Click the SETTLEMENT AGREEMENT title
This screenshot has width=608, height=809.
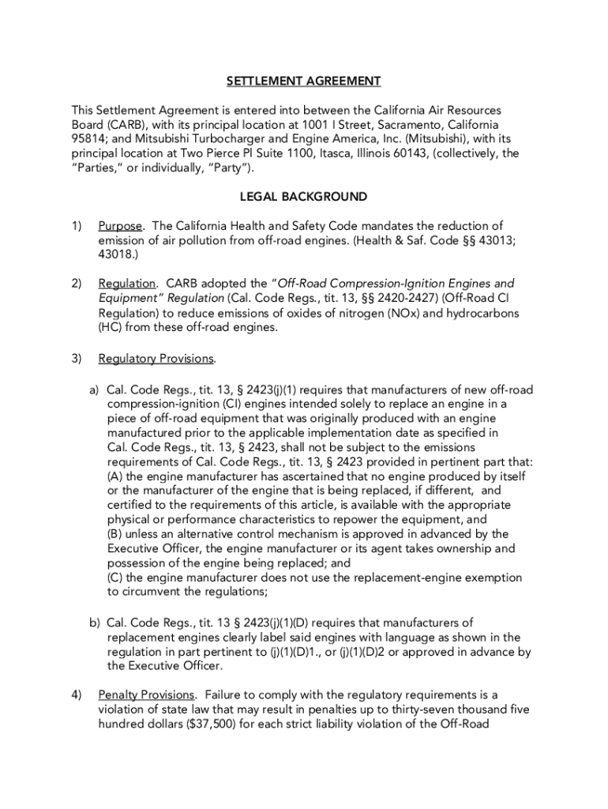coord(304,81)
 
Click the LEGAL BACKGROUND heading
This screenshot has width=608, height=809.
coord(304,196)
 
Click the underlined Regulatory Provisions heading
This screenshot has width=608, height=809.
coord(156,359)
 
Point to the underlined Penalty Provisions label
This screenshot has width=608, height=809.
coord(146,694)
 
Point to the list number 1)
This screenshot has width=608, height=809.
coord(77,226)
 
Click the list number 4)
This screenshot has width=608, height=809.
coord(77,694)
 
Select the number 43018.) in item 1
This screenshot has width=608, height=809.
coord(120,254)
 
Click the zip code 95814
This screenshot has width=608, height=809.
coord(89,139)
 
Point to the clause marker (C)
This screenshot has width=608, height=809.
coord(115,577)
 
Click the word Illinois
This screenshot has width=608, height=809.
coord(370,153)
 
